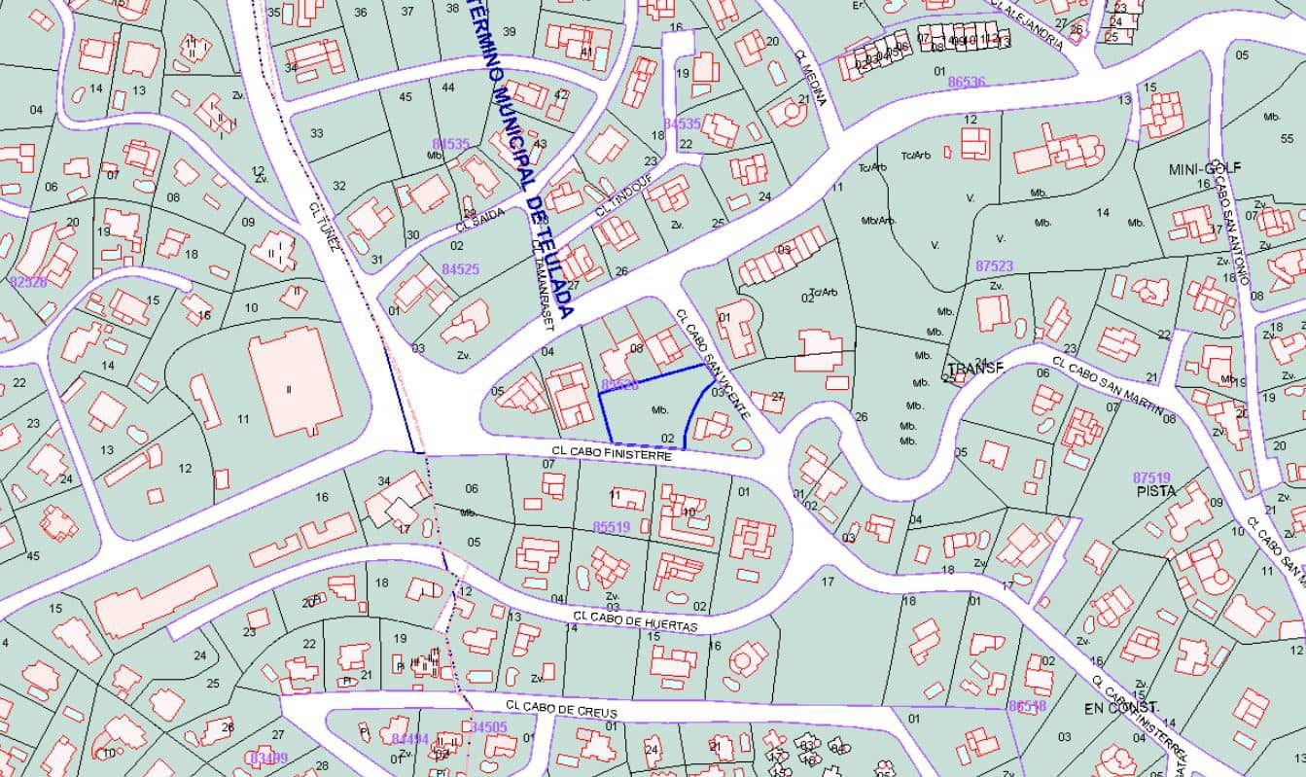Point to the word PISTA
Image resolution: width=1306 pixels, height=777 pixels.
pyautogui.click(x=1155, y=491)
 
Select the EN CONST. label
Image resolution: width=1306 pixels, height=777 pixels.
pyautogui.click(x=1122, y=707)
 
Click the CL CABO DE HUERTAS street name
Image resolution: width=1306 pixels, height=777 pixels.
pyautogui.click(x=636, y=621)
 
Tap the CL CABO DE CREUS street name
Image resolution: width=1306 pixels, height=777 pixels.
pyautogui.click(x=561, y=710)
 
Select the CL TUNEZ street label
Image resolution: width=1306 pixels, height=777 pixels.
pyautogui.click(x=324, y=226)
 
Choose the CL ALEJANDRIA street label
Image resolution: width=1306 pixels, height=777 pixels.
pyautogui.click(x=1027, y=21)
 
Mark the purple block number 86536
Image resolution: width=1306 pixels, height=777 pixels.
pyautogui.click(x=967, y=83)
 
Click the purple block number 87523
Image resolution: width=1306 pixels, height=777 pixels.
pyautogui.click(x=994, y=265)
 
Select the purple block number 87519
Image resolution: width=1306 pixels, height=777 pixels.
pyautogui.click(x=1151, y=477)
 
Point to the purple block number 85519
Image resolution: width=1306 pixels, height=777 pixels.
pyautogui.click(x=612, y=527)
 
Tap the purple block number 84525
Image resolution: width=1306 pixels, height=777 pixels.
pyautogui.click(x=460, y=268)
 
